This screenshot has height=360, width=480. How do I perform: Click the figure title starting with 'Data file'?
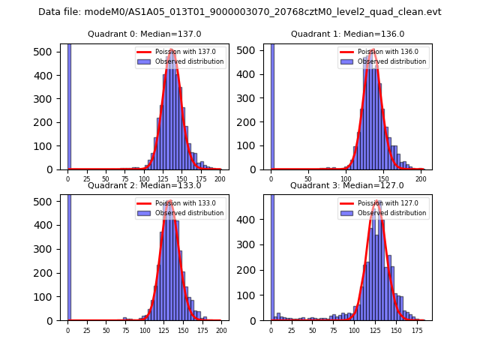(240, 12)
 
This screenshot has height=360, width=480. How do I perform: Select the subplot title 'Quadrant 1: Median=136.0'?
(347, 34)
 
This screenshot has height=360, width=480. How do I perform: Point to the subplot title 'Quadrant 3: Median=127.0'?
(347, 185)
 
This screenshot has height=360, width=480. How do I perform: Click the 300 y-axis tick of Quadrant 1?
(253, 98)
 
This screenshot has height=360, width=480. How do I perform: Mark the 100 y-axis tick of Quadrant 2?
(50, 297)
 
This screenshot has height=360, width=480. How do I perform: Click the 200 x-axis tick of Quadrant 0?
(220, 179)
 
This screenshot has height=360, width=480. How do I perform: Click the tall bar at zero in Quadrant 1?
(272, 105)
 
